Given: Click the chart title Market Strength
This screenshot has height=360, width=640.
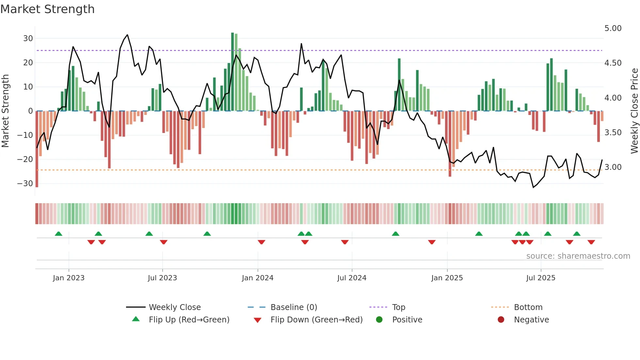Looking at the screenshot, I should pyautogui.click(x=47, y=9).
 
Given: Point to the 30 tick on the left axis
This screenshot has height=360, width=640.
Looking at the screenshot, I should pyautogui.click(x=28, y=39).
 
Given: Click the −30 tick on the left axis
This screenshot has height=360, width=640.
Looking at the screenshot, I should pyautogui.click(x=25, y=184).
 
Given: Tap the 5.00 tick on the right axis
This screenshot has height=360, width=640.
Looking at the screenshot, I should pyautogui.click(x=613, y=28).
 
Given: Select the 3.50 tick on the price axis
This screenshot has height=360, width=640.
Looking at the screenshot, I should pyautogui.click(x=613, y=133).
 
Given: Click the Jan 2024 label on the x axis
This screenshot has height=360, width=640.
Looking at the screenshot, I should pyautogui.click(x=257, y=278).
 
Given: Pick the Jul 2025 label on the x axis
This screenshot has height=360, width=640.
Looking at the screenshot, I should pyautogui.click(x=540, y=278).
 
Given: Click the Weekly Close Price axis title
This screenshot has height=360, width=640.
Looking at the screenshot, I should pyautogui.click(x=634, y=111).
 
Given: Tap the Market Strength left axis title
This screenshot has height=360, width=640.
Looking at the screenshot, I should pyautogui.click(x=5, y=111).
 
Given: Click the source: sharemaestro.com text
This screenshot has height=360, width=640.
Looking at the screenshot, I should pyautogui.click(x=578, y=256).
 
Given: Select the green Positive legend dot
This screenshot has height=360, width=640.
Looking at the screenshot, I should pyautogui.click(x=379, y=320).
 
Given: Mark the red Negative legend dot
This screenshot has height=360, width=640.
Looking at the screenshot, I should pyautogui.click(x=501, y=320).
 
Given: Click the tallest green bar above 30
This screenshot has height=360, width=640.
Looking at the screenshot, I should pyautogui.click(x=232, y=72).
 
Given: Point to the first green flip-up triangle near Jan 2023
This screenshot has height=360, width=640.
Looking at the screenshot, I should pyautogui.click(x=58, y=234).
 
